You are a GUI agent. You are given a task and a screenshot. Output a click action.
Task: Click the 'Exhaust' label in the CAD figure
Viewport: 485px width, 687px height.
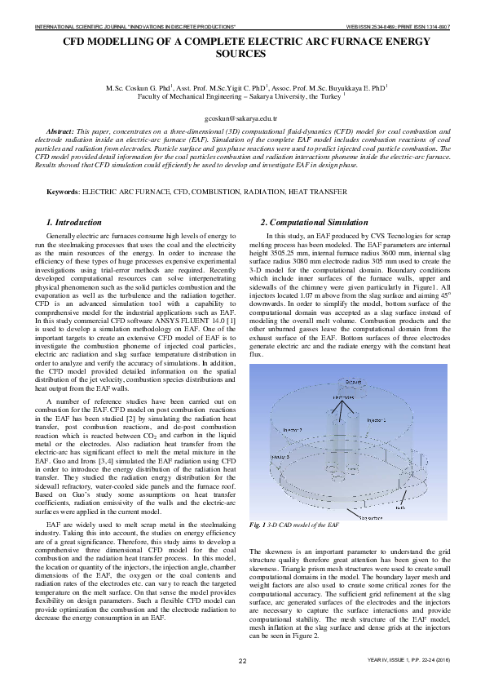[x=352, y=381]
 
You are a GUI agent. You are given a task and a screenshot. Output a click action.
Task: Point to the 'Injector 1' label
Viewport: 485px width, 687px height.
[x=376, y=419]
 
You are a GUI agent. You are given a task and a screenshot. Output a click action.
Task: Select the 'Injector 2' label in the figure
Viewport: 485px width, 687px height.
[x=292, y=428]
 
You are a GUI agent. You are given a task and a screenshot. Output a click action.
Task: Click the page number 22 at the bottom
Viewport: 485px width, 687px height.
[x=242, y=660]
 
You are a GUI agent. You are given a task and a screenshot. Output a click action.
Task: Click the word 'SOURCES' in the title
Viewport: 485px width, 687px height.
[x=242, y=54]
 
